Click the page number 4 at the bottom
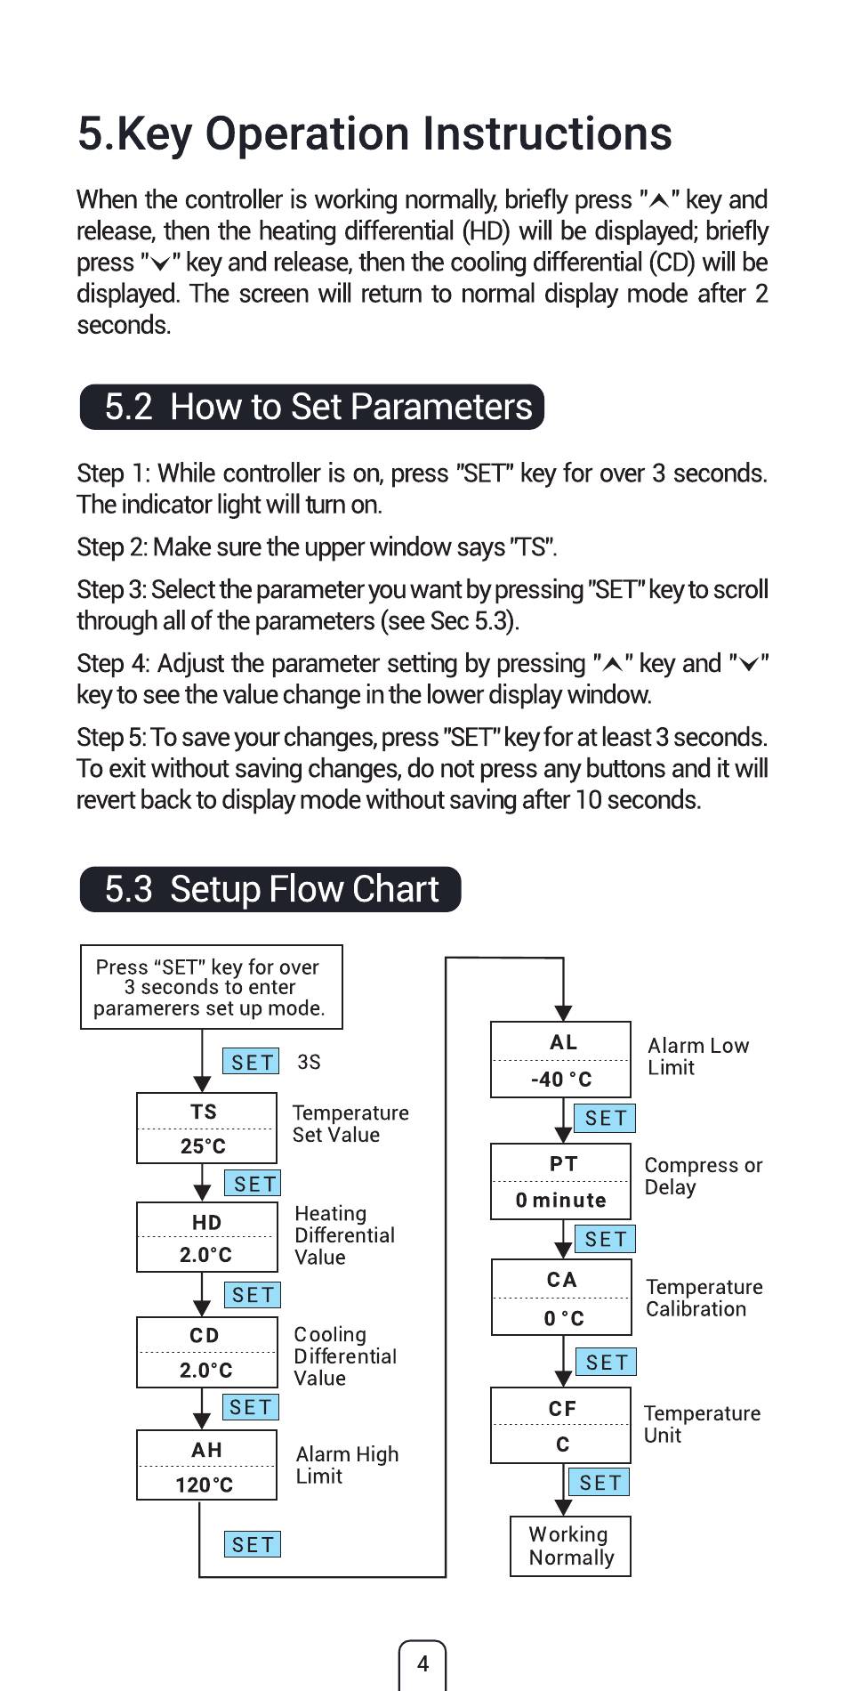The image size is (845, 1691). pos(422,1663)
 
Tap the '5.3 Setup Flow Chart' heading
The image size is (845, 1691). pos(270,889)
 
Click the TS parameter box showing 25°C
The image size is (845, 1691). pos(206,1128)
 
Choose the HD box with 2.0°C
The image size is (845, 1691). pos(205,1237)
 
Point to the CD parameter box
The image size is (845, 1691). pos(206,1352)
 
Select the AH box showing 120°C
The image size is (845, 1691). pos(206,1465)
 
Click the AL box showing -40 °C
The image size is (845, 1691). pos(560,1059)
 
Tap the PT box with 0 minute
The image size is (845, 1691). pos(560,1181)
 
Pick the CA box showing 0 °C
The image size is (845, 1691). pos(561,1297)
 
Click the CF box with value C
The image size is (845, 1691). pos(560,1425)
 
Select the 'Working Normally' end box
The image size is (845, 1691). pos(570,1546)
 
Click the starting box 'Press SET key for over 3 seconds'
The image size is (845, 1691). pos(211,987)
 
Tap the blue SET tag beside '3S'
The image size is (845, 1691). pos(252,1062)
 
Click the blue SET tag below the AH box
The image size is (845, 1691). pos(253,1544)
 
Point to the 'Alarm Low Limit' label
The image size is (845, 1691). pos(697,1056)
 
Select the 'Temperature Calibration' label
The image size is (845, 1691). pos(703,1298)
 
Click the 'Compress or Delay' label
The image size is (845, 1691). pos(702,1176)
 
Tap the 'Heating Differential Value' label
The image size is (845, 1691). pos(344,1234)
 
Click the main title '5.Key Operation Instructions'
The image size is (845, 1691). pos(374,134)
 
